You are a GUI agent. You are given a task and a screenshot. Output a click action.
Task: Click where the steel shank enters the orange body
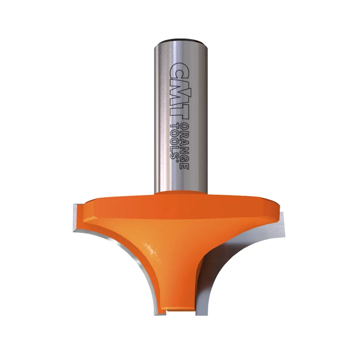pos(180,193)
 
